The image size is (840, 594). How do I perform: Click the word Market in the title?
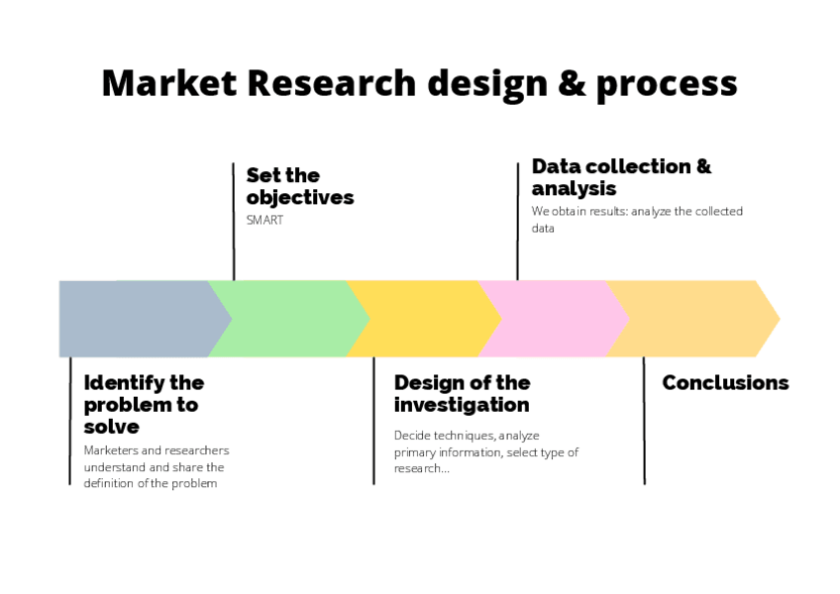(x=169, y=83)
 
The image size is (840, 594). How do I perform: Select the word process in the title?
(x=666, y=86)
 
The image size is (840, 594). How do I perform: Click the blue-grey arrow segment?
(x=134, y=319)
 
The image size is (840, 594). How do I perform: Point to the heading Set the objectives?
(x=299, y=186)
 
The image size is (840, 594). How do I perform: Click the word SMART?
(x=264, y=220)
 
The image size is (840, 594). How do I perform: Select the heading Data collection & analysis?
(x=621, y=177)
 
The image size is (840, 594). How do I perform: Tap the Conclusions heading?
(x=725, y=383)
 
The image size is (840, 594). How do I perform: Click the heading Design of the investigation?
(x=462, y=394)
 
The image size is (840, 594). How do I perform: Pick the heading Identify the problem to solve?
(x=144, y=404)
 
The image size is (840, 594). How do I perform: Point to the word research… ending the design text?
(x=422, y=468)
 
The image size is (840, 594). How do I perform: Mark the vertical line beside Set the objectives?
(x=234, y=222)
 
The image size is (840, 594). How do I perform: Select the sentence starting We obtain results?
(x=637, y=219)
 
